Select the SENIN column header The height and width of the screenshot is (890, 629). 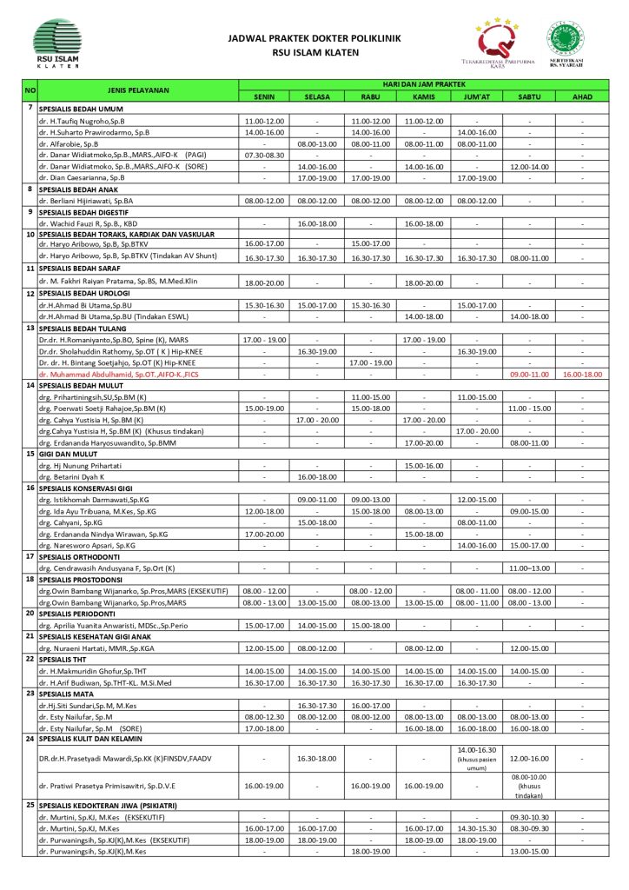[264, 96]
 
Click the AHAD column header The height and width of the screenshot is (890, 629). [582, 96]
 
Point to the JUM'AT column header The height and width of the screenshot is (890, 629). [476, 96]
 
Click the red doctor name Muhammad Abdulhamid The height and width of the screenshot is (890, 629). [119, 373]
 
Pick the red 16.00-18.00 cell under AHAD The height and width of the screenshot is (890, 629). [582, 373]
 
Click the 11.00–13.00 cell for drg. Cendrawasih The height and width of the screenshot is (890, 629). [529, 568]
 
